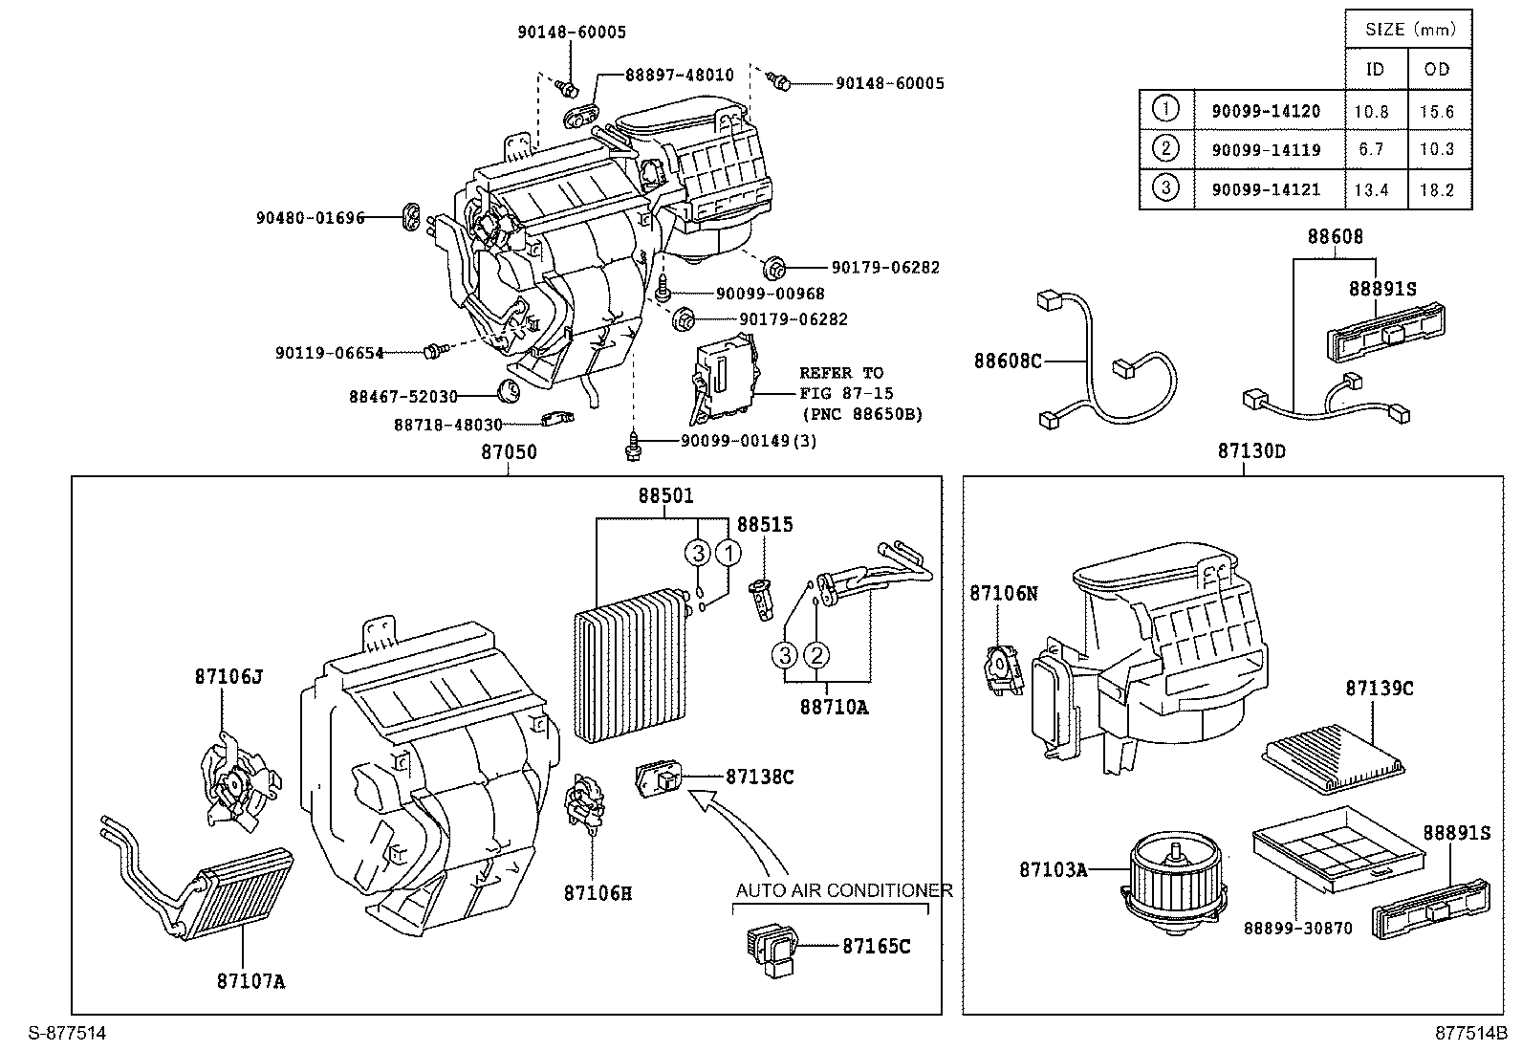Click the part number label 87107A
point(250,981)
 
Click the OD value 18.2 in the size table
point(1436,190)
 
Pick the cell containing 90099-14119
point(1266,149)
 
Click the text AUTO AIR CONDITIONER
point(843,890)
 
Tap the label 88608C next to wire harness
point(1007,361)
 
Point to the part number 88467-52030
point(402,396)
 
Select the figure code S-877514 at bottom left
point(67,1033)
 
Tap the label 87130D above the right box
point(1250,451)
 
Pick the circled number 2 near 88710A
point(815,655)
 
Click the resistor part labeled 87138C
point(659,777)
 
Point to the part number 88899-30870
point(1297,928)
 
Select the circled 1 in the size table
point(1165,108)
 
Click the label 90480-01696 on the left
point(310,218)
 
